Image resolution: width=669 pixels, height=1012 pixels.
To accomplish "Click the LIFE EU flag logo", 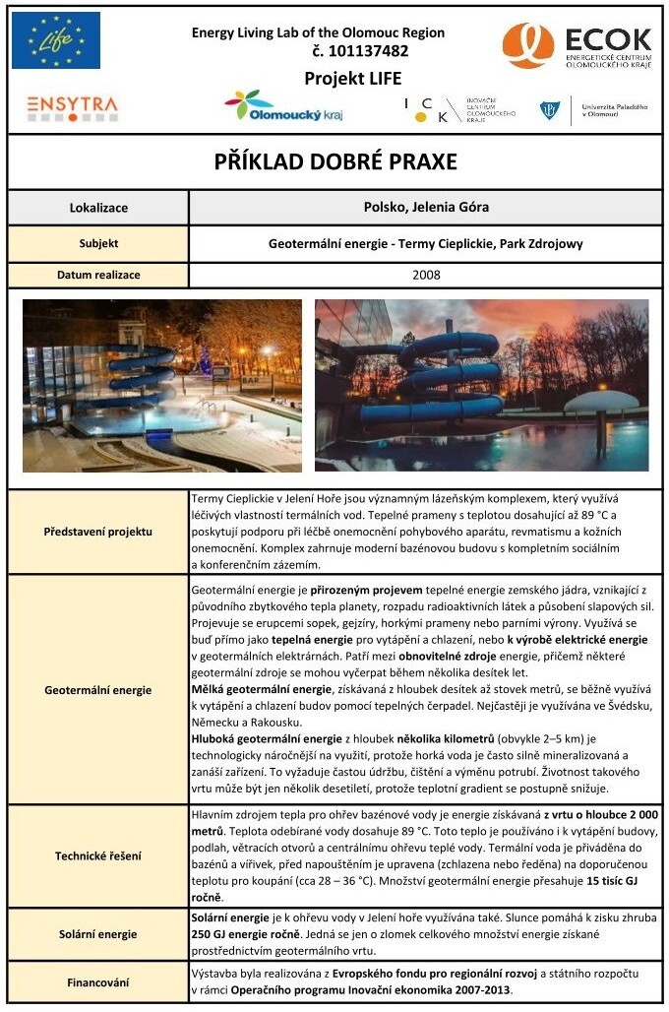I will tap(56, 40).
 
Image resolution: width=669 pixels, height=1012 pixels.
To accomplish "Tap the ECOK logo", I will tap(577, 45).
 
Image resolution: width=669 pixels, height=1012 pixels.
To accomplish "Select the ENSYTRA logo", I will tap(72, 106).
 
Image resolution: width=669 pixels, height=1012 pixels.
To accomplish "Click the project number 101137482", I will tap(360, 51).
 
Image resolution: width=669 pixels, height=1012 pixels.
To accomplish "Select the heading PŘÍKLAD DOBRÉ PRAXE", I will tap(335, 161).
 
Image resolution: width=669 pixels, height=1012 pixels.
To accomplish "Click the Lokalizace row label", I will tap(98, 208).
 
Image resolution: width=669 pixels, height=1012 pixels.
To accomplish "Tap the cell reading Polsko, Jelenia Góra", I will tap(426, 207).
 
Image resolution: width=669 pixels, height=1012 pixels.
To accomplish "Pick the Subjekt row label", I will tap(98, 243).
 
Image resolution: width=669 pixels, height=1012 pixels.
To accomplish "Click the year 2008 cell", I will tap(426, 275).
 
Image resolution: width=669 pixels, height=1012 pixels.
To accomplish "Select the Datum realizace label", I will tap(98, 275).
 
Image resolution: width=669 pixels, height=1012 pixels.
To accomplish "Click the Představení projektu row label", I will tap(98, 532).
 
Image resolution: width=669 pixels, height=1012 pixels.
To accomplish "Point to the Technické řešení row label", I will tap(98, 855).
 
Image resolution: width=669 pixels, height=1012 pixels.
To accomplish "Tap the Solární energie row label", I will tap(98, 934).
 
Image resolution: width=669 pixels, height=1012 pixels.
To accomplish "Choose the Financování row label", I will tap(98, 981).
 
